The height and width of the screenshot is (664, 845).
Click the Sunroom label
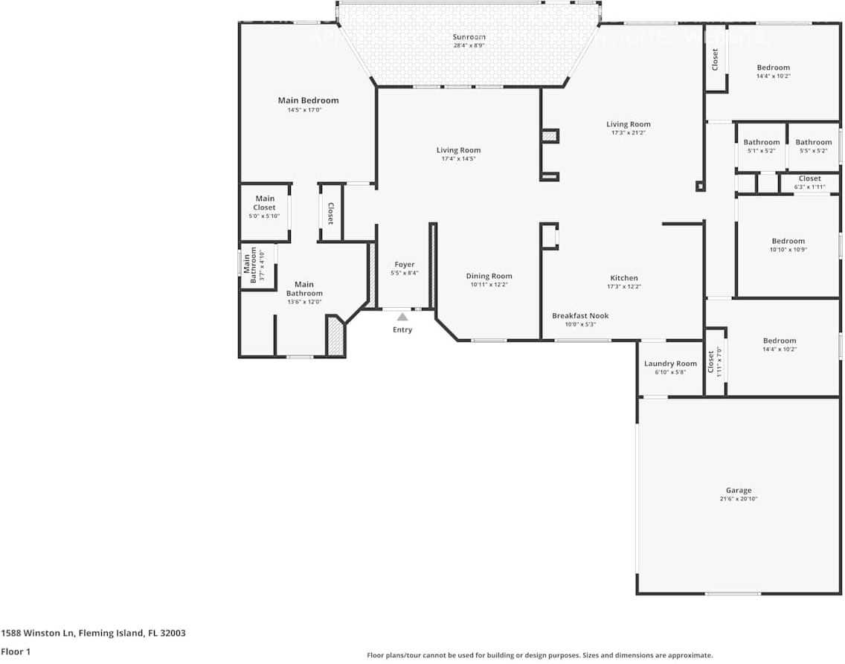(469, 37)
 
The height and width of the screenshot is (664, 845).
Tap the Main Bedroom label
(308, 100)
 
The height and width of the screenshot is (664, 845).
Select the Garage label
(739, 491)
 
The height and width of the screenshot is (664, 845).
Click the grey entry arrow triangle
(402, 317)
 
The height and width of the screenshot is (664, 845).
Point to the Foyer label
(405, 265)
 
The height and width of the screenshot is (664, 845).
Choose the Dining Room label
(489, 276)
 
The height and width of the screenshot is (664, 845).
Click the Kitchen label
(624, 278)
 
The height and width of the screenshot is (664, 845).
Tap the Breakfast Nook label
(580, 315)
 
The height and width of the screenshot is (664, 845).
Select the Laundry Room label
(670, 364)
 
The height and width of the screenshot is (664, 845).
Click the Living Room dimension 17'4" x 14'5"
(458, 158)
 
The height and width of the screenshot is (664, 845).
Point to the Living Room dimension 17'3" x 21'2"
(629, 133)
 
